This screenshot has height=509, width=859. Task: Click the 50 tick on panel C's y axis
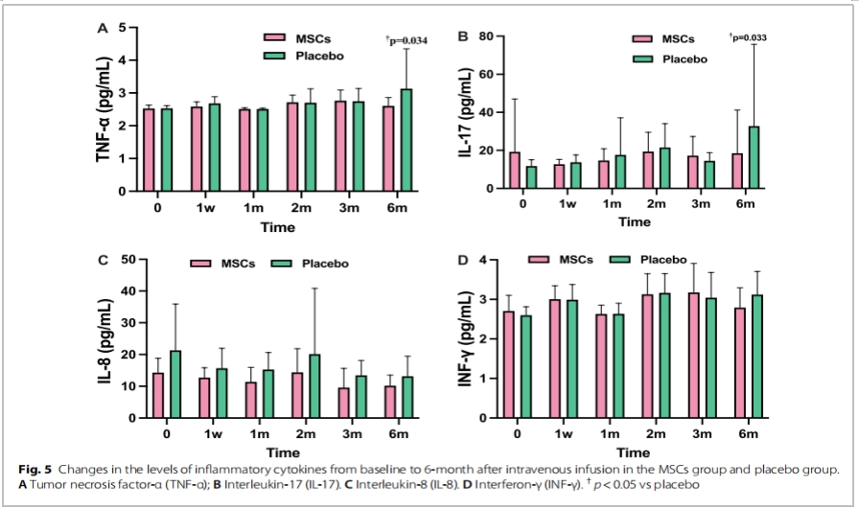click(128, 259)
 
